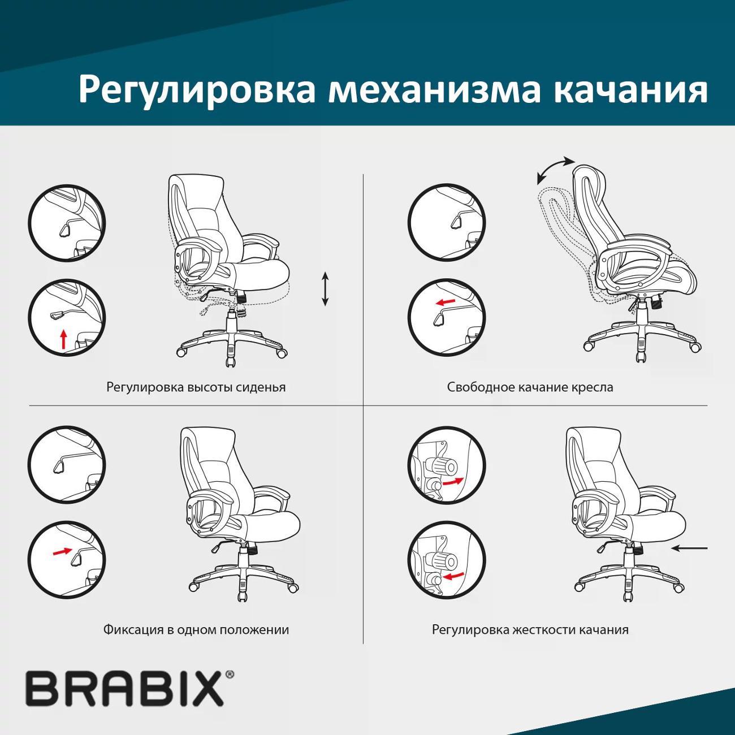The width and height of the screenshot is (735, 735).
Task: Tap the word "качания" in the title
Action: pos(629,89)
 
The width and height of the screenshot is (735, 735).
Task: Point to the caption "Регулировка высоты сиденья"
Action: pos(196,387)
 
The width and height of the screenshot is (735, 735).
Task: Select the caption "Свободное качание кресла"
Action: pos(530,387)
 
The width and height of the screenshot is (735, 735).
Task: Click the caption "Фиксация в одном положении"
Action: pos(196,630)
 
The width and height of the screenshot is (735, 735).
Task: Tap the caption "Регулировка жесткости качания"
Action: pos(530,630)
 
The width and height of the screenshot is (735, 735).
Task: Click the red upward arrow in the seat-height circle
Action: pos(64,339)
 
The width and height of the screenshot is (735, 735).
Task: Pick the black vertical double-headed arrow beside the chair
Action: pos(325,289)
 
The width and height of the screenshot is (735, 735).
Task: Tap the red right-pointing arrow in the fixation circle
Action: pos(62,551)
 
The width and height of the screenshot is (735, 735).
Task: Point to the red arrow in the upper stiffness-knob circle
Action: pos(452,482)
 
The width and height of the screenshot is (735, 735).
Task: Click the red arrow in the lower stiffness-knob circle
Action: pos(453,576)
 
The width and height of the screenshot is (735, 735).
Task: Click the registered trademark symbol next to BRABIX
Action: pos(230,675)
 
